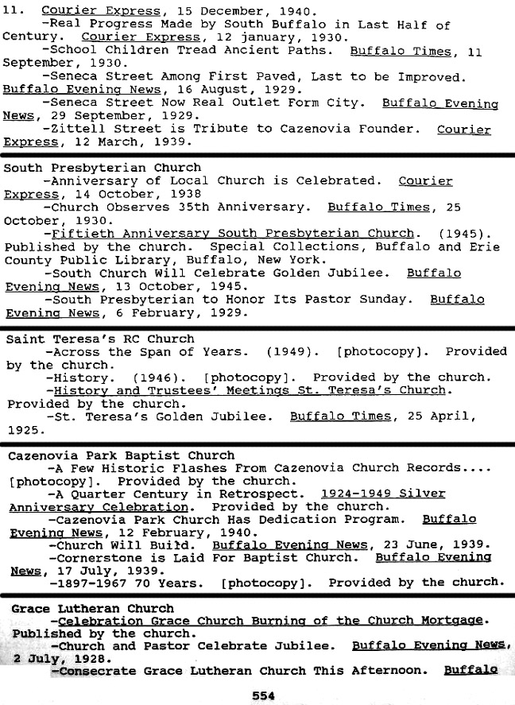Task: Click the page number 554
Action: click(x=263, y=695)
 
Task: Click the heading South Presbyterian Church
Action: click(x=103, y=168)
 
